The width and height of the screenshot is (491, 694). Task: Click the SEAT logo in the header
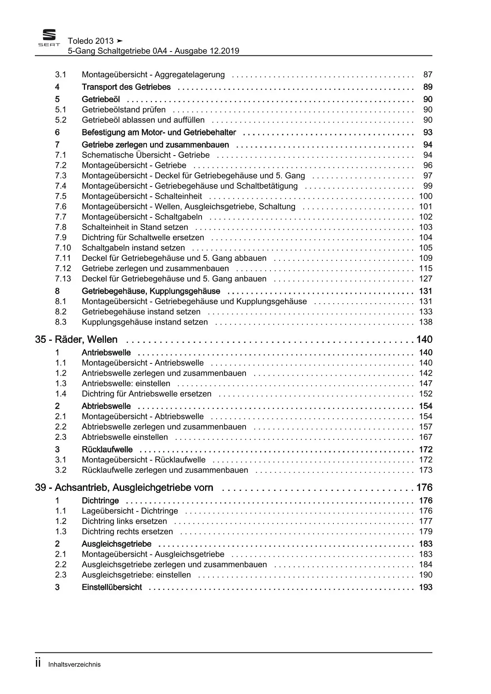pyautogui.click(x=49, y=38)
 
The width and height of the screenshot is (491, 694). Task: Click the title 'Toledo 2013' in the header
pyautogui.click(x=91, y=41)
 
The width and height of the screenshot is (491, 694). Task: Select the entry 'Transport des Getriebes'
pyautogui.click(x=126, y=87)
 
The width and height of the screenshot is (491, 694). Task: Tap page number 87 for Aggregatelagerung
pyautogui.click(x=428, y=74)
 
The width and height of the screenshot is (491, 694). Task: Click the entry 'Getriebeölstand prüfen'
pyautogui.click(x=124, y=110)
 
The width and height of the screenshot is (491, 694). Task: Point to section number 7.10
pyautogui.click(x=63, y=248)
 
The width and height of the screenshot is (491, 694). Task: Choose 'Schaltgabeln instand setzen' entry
pyautogui.click(x=133, y=248)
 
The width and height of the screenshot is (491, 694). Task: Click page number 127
pyautogui.click(x=426, y=279)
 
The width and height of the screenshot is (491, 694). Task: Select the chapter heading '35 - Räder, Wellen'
pyautogui.click(x=76, y=339)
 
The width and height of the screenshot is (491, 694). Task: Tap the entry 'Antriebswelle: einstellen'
pyautogui.click(x=126, y=383)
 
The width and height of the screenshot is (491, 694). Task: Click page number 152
pyautogui.click(x=426, y=394)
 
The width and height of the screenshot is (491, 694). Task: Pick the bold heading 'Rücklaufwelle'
pyautogui.click(x=107, y=449)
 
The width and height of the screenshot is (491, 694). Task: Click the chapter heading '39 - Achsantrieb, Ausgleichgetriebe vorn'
pyautogui.click(x=124, y=487)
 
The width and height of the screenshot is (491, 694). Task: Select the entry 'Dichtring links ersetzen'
pyautogui.click(x=124, y=521)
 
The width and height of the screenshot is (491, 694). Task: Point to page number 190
pyautogui.click(x=426, y=575)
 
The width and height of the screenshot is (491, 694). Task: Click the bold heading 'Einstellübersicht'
pyautogui.click(x=112, y=587)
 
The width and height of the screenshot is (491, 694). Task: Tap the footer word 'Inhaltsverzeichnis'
pyautogui.click(x=74, y=665)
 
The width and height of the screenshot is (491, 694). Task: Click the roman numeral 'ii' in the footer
pyautogui.click(x=38, y=663)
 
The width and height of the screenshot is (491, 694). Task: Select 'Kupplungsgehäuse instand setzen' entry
pyautogui.click(x=145, y=322)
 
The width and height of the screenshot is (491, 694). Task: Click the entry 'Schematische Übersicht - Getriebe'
pyautogui.click(x=146, y=155)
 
